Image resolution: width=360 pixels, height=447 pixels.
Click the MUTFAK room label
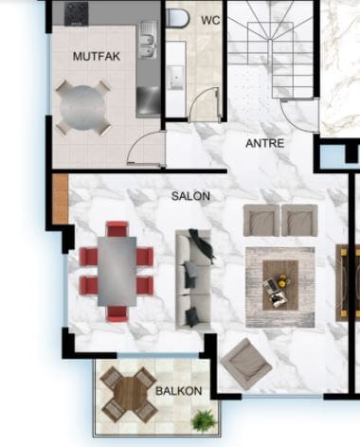coord(97,57)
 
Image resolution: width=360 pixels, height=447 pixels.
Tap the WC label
coord(210,20)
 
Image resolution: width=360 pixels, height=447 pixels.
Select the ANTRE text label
coord(265,143)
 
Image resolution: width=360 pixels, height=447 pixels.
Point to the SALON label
coord(190,196)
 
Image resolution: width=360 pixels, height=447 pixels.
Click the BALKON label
coord(179,391)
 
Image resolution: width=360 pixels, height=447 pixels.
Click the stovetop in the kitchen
coord(76,13)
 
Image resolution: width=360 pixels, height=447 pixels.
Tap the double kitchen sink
coord(147,40)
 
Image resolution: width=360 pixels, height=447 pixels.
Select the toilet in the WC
coord(177,18)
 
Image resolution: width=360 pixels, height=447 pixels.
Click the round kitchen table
coord(83,107)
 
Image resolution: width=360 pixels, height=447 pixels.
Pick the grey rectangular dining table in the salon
coord(117,271)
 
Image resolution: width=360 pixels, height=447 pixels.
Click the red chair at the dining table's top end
coord(117,229)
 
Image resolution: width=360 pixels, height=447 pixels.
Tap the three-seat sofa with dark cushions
coord(193,280)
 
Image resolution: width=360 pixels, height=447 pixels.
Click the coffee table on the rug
coord(280,285)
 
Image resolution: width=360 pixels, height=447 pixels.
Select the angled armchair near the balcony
coord(246,364)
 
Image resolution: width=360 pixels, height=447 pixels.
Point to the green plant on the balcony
coord(204,420)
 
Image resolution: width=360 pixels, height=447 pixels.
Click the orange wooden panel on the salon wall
coord(60,199)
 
